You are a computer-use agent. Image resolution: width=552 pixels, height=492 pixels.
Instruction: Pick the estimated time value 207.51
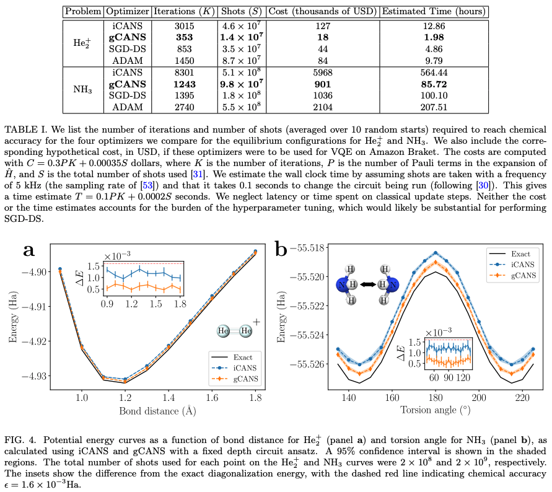click(x=434, y=107)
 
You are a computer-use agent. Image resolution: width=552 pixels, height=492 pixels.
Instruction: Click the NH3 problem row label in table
click(x=83, y=90)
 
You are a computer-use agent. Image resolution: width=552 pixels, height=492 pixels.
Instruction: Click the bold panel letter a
click(x=28, y=250)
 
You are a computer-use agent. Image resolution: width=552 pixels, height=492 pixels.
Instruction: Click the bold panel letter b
click(x=281, y=250)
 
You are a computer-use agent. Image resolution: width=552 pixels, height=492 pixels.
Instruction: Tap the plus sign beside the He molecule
click(x=256, y=323)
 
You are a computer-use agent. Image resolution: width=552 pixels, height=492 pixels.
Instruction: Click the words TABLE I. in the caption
click(x=23, y=130)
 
